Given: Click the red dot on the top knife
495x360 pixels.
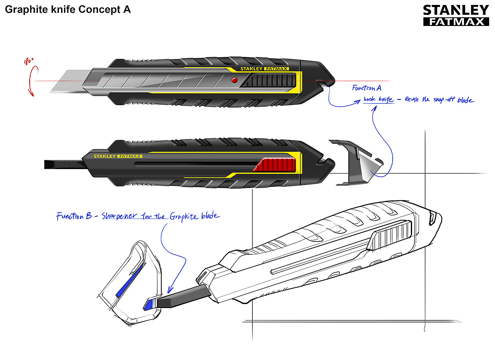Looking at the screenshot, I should click(235, 80).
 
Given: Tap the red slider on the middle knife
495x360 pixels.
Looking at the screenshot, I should click(276, 165).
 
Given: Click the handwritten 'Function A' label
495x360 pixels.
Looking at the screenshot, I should click(366, 88).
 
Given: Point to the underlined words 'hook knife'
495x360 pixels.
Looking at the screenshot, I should click(378, 100).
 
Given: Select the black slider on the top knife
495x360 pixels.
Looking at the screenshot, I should click(268, 79).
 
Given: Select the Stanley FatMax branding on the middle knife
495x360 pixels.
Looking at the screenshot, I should click(118, 156).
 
